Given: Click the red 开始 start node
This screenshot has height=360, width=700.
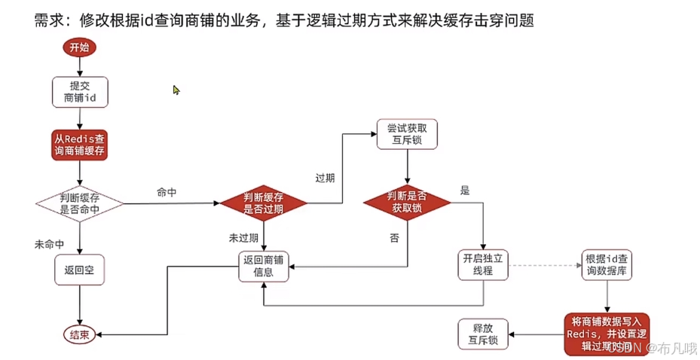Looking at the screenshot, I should (79, 48).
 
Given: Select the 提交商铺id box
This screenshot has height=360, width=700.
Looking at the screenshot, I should (80, 91).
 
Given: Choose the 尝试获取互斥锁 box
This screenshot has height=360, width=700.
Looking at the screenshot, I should (408, 134).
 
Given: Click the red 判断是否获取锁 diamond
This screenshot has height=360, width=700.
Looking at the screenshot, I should (408, 202).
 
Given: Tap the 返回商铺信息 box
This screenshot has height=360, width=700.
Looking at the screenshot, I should (263, 268).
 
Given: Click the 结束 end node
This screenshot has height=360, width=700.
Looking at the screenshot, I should (79, 334).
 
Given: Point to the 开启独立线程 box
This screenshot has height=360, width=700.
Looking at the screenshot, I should (483, 264).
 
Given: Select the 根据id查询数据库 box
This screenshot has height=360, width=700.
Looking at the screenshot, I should (604, 264).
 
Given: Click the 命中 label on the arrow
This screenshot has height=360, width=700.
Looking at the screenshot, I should (167, 191).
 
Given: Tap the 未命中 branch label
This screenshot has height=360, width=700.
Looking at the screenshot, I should (50, 245).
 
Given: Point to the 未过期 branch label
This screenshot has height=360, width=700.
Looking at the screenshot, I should (244, 236).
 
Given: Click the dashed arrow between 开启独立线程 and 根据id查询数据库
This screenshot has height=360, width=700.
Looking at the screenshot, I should (543, 265).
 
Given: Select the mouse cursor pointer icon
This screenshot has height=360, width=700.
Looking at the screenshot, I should (176, 90).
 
